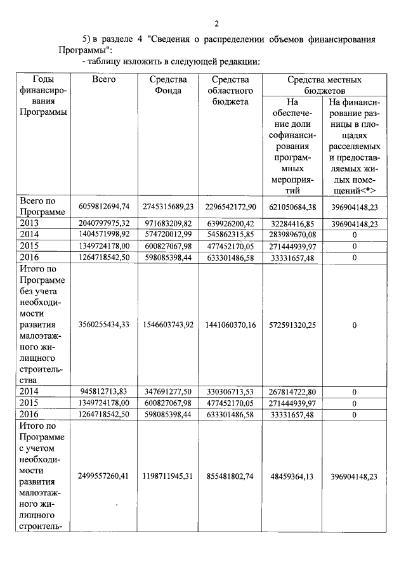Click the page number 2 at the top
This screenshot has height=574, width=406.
pos(216,24)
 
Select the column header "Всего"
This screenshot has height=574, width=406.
pos(103,80)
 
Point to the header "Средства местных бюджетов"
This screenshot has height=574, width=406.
pos(324,85)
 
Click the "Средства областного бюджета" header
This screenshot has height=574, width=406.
pos(230,90)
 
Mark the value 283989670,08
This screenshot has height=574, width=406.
pos(292,235)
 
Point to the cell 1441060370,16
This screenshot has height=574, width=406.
pos(230,325)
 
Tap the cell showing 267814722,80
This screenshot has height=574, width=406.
pos(292,392)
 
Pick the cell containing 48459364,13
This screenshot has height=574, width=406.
pos(292,476)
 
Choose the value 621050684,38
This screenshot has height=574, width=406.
pos(292,207)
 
